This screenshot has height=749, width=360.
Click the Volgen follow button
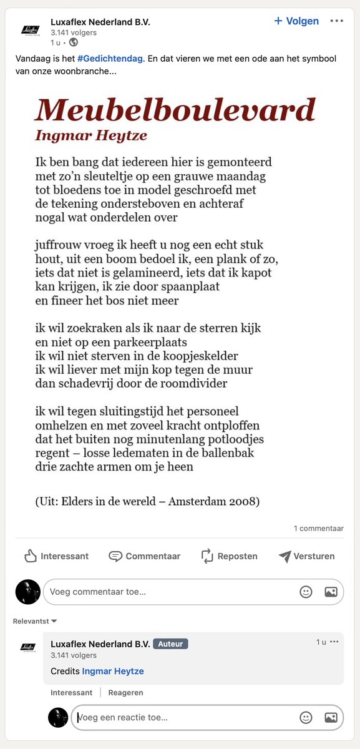coord(297,21)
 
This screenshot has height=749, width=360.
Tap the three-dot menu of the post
coord(337,21)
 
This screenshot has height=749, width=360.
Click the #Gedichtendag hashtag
coord(107,58)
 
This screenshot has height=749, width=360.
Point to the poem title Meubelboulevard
coord(175,110)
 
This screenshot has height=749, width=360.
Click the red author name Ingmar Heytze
coord(91,135)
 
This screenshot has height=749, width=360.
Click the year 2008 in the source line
coord(244,501)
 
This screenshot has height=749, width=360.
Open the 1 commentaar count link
coord(318,529)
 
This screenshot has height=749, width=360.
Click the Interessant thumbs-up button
coord(56,556)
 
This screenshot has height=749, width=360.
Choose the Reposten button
coord(229,556)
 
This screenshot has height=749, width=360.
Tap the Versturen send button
coord(306,556)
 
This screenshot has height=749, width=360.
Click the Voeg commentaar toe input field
coord(168,592)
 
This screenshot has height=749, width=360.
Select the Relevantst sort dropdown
coord(35,621)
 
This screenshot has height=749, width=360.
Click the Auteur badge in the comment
coord(170,644)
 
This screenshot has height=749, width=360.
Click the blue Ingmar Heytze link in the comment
coord(113,671)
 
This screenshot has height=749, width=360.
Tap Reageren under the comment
coord(125,693)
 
